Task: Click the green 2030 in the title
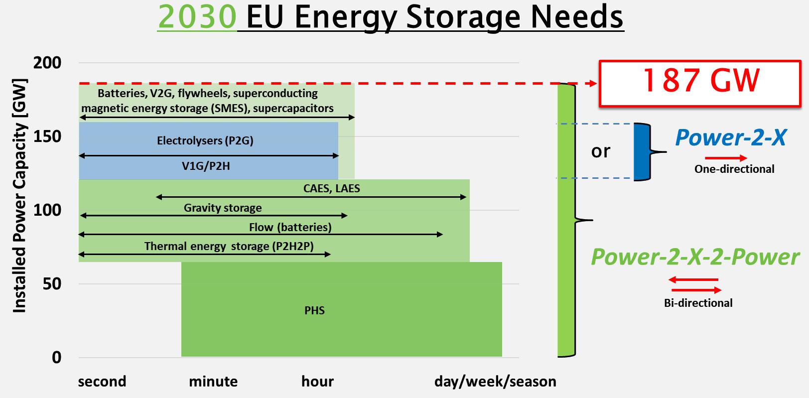click(x=197, y=17)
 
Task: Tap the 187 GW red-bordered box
click(x=700, y=84)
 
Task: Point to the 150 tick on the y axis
click(x=47, y=136)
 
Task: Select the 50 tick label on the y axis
click(x=52, y=284)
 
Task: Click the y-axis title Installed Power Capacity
click(x=19, y=196)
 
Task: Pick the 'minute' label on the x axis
click(x=213, y=382)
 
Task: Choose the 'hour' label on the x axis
click(x=317, y=382)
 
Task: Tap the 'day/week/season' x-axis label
click(x=495, y=382)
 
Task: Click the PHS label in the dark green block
click(x=314, y=311)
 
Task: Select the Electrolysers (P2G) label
click(x=205, y=140)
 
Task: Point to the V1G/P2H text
click(x=206, y=166)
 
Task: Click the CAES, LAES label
click(x=332, y=188)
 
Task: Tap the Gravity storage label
click(x=223, y=208)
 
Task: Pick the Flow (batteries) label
click(x=290, y=227)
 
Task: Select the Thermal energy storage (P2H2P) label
click(x=229, y=246)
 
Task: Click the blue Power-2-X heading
click(x=731, y=137)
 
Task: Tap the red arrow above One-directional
click(x=726, y=158)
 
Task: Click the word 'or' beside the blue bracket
click(x=601, y=151)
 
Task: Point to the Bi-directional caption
click(x=698, y=303)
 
